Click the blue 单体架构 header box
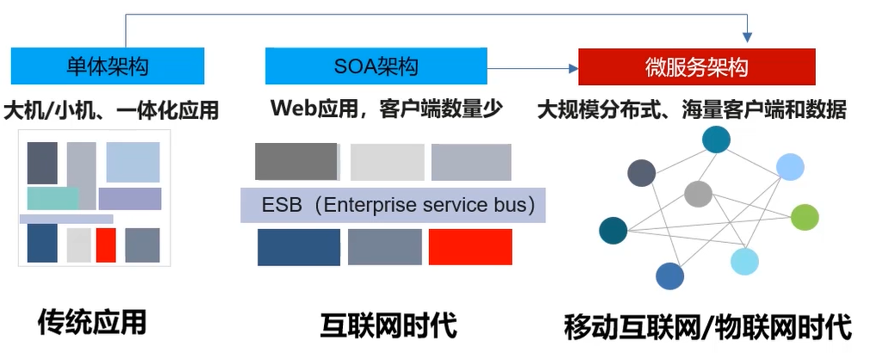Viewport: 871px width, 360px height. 108,66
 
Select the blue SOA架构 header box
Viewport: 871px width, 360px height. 376,66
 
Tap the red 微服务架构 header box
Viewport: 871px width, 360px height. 696,66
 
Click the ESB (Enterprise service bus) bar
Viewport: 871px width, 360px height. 392,206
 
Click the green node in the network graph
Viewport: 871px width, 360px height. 804,217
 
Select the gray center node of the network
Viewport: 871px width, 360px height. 698,194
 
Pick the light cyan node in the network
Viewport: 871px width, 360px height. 744,261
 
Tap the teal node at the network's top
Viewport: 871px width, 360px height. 716,140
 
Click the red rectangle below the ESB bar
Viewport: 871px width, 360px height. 470,247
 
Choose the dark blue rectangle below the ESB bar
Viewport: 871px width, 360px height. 298,247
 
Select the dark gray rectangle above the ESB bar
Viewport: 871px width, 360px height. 296,162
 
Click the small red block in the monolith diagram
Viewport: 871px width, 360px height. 106,245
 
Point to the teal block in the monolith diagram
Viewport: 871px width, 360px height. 53,198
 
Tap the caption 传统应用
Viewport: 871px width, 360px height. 92,322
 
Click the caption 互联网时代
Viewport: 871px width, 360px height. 389,326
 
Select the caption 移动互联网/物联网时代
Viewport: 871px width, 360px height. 707,326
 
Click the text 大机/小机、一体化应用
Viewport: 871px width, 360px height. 111,110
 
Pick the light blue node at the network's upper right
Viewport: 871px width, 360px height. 790,166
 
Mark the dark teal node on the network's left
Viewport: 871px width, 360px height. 613,230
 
